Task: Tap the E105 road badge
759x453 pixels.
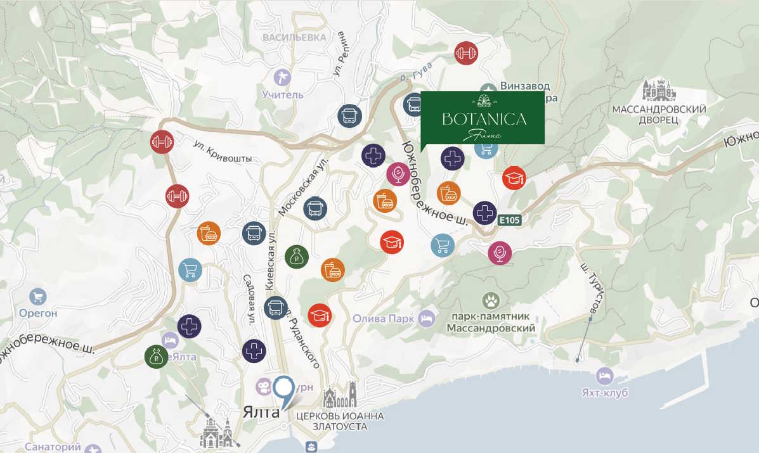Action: [x=509, y=220]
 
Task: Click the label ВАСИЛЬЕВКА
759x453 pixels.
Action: [x=294, y=37]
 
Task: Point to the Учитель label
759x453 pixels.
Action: [x=282, y=95]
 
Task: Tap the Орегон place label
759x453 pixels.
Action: [x=38, y=313]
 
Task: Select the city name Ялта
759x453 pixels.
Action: [x=261, y=412]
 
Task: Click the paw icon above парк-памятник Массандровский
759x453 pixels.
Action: [x=490, y=299]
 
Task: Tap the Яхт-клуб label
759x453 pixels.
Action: [x=604, y=393]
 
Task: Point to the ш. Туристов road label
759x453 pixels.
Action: [x=590, y=288]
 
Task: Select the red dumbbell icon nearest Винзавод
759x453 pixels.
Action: [x=466, y=53]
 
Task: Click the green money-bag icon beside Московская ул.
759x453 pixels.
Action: [x=296, y=256]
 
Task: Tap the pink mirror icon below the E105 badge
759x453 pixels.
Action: [x=500, y=253]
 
